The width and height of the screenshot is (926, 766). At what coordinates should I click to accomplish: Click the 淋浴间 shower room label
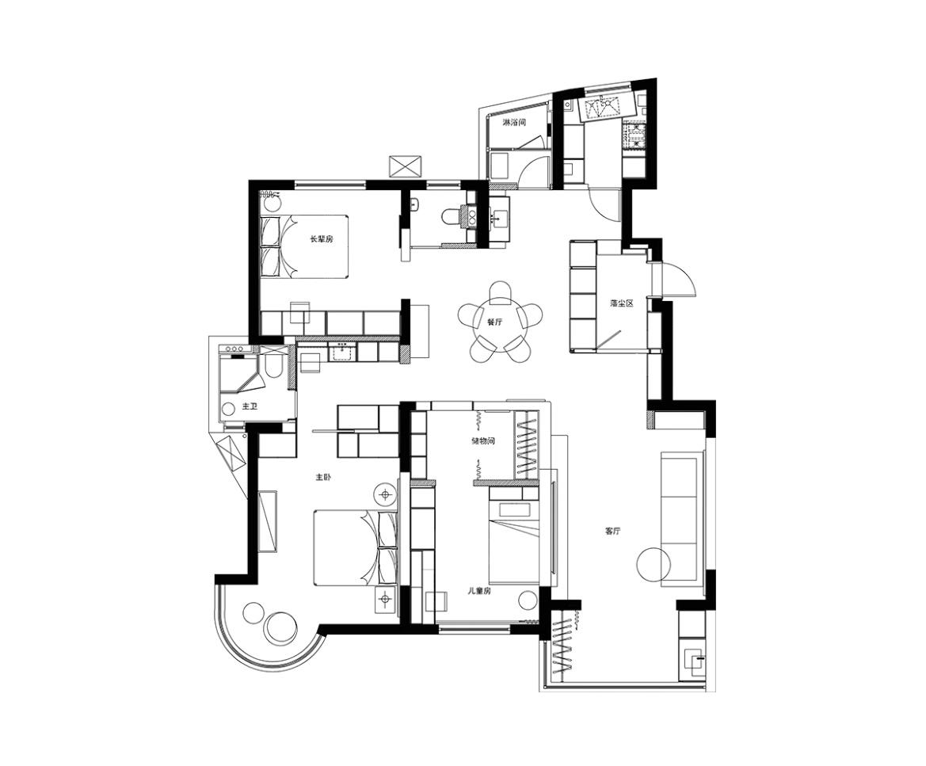514,123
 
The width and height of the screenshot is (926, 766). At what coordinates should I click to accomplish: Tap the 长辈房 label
322,239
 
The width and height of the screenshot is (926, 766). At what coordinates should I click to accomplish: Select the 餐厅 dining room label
494,322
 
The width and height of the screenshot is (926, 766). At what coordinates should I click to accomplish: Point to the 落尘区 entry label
621,303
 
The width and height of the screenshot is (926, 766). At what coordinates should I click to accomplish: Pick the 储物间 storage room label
482,440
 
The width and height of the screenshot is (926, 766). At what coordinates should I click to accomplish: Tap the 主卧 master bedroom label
323,477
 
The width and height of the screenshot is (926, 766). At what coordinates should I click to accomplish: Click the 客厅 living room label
612,531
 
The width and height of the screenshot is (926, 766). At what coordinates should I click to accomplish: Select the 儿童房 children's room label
479,591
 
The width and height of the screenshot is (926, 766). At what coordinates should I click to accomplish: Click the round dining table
499,323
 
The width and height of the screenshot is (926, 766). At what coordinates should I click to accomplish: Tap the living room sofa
682,519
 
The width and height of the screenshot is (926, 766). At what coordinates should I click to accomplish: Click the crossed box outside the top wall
405,166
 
